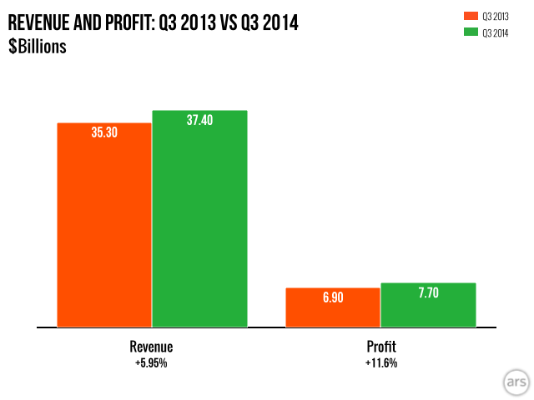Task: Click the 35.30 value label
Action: pos(104,132)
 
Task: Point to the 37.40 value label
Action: pos(199,120)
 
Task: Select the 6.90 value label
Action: pos(333,297)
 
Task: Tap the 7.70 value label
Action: pos(428,292)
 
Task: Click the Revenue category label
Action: pos(151,347)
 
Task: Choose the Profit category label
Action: pos(381,347)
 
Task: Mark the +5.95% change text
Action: pos(151,363)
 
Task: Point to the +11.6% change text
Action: pos(381,363)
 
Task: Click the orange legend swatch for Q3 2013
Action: pos(470,15)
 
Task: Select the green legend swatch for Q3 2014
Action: pos(470,32)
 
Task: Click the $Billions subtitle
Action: pos(38,46)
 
